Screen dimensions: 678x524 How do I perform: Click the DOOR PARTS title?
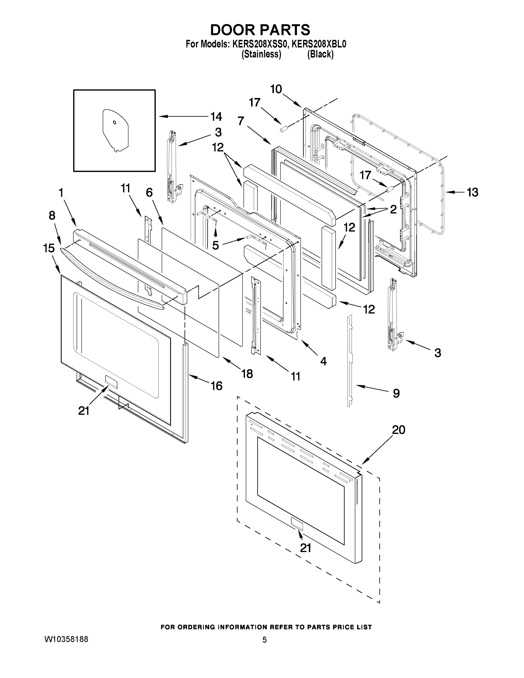260,30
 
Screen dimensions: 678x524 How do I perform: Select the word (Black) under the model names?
320,54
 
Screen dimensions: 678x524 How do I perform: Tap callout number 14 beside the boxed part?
216,117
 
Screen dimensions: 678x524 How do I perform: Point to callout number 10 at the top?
276,89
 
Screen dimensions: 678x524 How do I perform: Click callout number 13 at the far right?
473,192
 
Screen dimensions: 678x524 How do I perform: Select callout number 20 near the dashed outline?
399,430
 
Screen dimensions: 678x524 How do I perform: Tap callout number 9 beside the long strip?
396,393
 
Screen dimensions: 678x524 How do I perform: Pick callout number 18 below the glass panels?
247,374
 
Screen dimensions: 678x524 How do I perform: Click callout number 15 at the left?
49,248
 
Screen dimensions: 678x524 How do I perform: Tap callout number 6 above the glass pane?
149,192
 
